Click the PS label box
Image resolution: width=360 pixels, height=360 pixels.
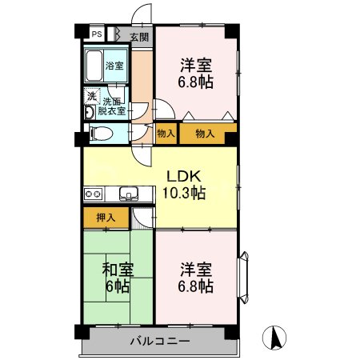tap(96, 34)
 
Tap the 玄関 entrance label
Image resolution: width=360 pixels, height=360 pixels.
tap(139, 37)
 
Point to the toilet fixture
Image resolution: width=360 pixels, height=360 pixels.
tap(95, 134)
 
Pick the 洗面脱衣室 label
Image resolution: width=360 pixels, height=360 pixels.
tap(111, 106)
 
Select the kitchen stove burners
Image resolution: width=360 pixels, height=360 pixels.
tap(93, 193)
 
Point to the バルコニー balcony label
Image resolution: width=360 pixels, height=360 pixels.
tap(159, 341)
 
